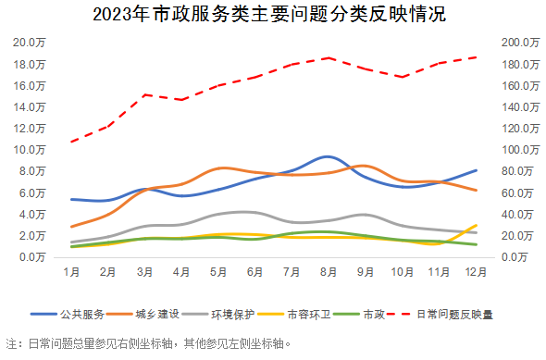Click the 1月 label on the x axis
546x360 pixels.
tap(71, 273)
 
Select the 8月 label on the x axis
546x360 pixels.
tap(328, 273)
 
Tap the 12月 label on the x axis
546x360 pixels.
tap(475, 273)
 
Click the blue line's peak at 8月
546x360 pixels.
tap(328, 156)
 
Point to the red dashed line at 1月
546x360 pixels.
tap(71, 142)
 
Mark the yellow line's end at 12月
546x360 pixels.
tap(477, 225)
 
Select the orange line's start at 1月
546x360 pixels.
tap(71, 227)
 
